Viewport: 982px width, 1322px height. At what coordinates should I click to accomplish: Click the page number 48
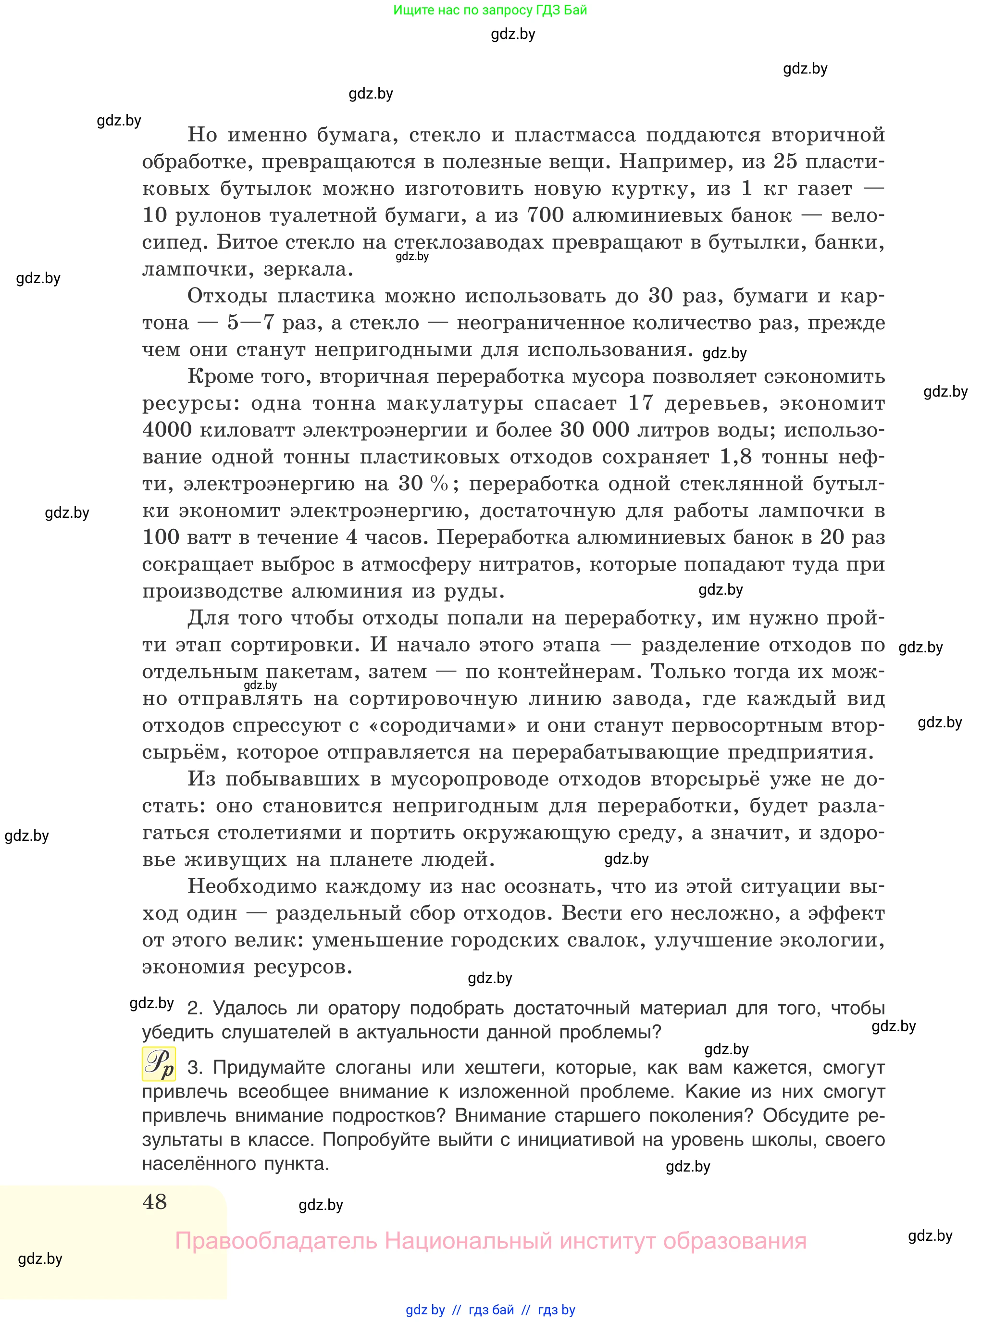pyautogui.click(x=155, y=1201)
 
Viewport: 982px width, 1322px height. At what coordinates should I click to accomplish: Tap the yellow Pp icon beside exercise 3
pyautogui.click(x=159, y=1063)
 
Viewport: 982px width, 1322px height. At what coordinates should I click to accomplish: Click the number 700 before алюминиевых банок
pyautogui.click(x=545, y=214)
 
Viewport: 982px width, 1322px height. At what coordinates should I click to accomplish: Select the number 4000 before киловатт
pyautogui.click(x=167, y=429)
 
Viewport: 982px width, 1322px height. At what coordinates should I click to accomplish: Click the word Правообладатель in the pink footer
pyautogui.click(x=276, y=1241)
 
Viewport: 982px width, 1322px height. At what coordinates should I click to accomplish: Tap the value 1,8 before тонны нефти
pyautogui.click(x=735, y=457)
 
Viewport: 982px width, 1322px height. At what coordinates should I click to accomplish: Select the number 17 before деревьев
pyautogui.click(x=641, y=402)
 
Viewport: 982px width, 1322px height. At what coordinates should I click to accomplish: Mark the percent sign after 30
pyautogui.click(x=439, y=483)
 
